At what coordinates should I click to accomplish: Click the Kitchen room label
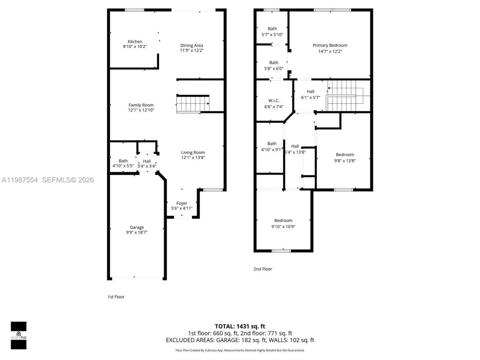point(135,42)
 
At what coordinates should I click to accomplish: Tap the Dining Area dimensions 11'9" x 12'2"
point(192,51)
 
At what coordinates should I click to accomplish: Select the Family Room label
point(141,105)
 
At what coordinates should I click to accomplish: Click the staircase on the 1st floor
point(192,104)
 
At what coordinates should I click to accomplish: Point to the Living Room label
point(193,152)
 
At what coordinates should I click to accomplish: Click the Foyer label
point(182,203)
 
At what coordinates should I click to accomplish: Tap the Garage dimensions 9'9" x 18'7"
point(137,232)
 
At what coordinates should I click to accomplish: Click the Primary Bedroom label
point(330,45)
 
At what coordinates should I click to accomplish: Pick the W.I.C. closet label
point(274,100)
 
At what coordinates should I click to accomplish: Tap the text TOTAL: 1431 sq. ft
point(240,326)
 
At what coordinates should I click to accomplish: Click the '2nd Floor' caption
point(263,269)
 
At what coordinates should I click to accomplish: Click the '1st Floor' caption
point(116,297)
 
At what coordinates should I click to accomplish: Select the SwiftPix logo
point(18,335)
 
